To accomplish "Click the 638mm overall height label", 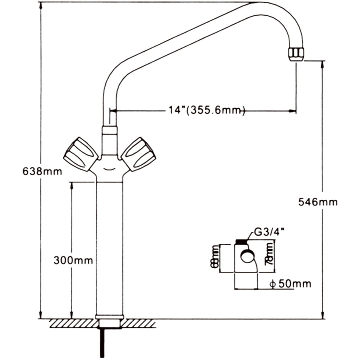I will (42, 171).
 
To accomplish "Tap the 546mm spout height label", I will (318, 202).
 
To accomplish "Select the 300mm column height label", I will (73, 260).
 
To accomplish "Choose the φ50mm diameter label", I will (290, 284).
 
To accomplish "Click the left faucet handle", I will (81, 154).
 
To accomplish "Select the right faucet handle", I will (139, 154).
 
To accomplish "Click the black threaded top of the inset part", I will (241, 241).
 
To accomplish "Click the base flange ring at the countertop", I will (109, 317).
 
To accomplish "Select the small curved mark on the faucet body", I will (109, 170).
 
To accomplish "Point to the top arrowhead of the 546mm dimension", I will (323, 64).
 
